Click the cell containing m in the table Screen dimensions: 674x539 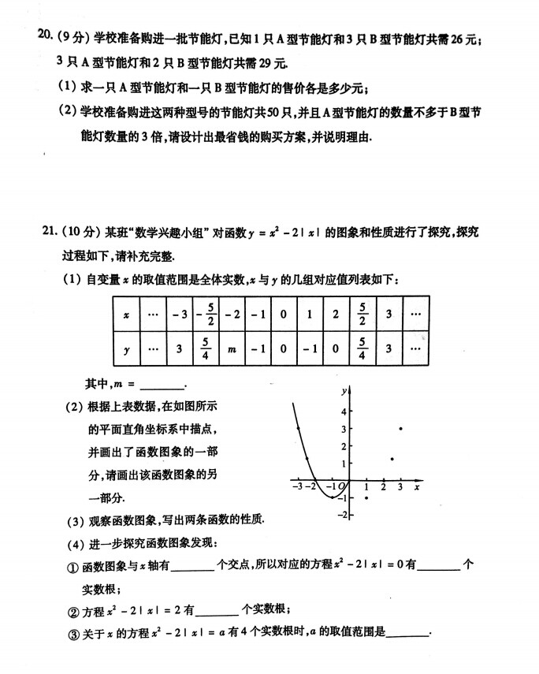click(x=232, y=348)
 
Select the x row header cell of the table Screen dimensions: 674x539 click(x=127, y=315)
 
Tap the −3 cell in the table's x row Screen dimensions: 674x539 click(x=179, y=315)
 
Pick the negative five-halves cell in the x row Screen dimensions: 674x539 click(x=205, y=315)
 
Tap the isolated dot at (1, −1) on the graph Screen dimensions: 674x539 click(x=367, y=497)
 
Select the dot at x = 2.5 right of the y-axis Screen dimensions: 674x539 click(x=392, y=458)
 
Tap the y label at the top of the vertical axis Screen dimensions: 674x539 click(x=344, y=391)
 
